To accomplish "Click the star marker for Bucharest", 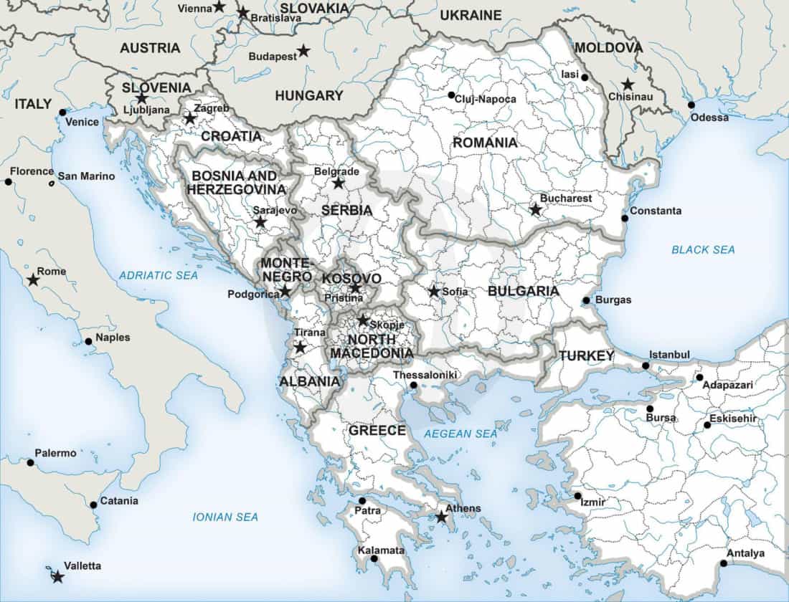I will [535, 209].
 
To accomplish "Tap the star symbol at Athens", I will [442, 517].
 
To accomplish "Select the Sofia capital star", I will [434, 292].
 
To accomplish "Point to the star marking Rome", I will [33, 279].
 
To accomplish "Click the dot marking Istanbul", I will [646, 365].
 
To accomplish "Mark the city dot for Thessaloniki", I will [414, 386].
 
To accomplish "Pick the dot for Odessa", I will [691, 105].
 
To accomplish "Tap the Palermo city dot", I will [30, 462].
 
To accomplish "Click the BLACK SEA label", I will [703, 249].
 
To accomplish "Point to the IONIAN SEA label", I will [225, 517].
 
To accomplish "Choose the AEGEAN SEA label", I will [460, 434].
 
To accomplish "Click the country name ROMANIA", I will [485, 143].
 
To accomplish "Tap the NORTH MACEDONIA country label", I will [370, 346].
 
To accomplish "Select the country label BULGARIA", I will [523, 291].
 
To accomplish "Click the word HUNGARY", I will [309, 95].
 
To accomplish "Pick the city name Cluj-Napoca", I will [486, 99].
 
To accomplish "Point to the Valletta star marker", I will [57, 576].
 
